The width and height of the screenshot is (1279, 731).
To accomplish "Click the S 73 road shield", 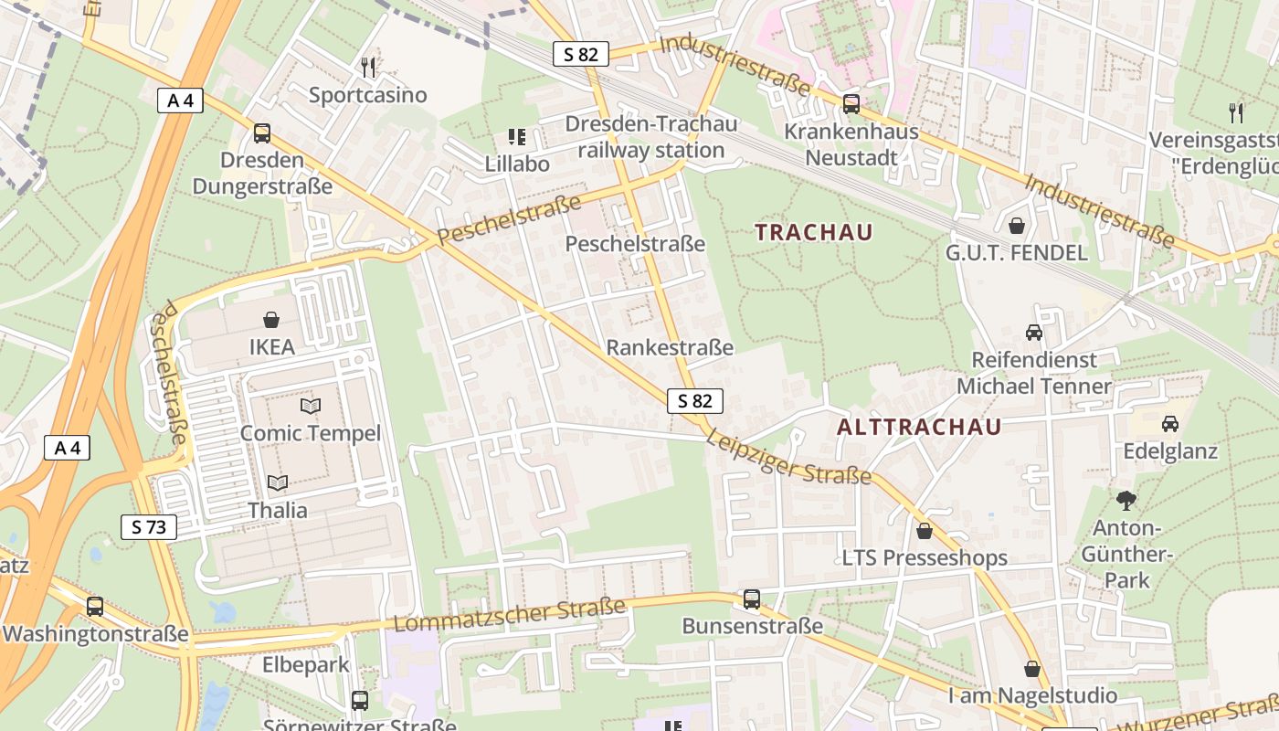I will coord(149,526).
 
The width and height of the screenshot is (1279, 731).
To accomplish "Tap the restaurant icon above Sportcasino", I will coord(368,67).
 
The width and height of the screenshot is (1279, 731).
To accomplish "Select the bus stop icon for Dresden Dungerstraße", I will coord(262,133).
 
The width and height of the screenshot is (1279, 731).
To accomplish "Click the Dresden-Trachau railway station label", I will coord(650,137).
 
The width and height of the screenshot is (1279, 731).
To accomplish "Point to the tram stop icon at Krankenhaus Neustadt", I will coord(851,103).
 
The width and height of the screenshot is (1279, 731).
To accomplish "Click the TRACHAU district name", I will coord(814,232).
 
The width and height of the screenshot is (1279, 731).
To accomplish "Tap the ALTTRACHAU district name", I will coord(919,427).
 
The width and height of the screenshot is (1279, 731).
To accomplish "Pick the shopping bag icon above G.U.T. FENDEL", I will coord(1017,225).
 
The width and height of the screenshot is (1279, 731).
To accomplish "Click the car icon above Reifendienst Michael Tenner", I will coord(1034,332).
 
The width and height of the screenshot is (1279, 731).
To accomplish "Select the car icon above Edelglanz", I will coord(1170,423).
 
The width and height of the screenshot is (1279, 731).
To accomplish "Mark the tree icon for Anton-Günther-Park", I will coord(1126,500).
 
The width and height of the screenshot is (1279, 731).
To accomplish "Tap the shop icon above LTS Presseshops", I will coord(925,530).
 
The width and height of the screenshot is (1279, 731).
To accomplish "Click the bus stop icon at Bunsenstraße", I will coord(752,599).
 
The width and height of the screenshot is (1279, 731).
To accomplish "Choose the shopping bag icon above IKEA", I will coord(271,319).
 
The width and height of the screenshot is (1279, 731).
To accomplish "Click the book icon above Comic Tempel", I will coord(311,405).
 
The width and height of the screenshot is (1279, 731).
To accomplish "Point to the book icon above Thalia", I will coord(278,482).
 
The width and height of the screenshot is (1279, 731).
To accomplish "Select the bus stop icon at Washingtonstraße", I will coord(95,606).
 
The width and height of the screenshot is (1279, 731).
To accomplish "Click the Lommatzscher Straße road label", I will coord(510,614).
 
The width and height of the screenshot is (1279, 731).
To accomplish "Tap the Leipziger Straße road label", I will coord(787,458).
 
